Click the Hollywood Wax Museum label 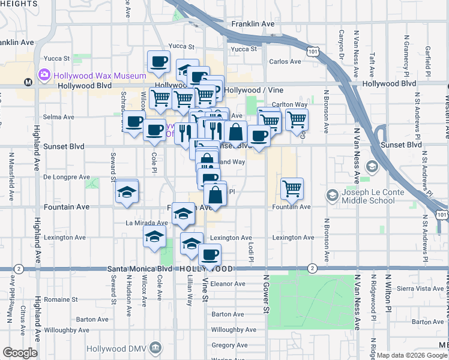click(100, 76)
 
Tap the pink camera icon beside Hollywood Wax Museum click(44, 76)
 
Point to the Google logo click(19, 353)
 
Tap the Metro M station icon click(28, 82)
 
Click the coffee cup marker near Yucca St click(158, 61)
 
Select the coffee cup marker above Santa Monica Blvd click(209, 254)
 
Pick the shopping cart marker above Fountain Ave click(292, 188)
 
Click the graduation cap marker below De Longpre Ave click(127, 193)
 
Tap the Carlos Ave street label click(285, 61)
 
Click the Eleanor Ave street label click(228, 284)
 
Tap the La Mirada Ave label click(146, 223)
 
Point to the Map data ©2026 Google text click(411, 355)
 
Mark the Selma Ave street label click(58, 116)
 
